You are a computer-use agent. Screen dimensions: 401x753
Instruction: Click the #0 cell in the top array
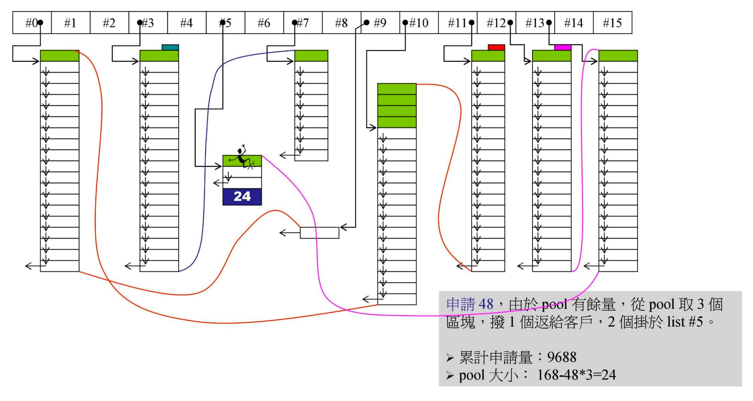point(32,23)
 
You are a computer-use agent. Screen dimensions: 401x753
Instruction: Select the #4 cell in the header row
point(187,23)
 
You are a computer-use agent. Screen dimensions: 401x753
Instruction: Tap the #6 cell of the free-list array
point(264,23)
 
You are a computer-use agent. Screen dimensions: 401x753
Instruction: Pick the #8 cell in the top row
point(341,23)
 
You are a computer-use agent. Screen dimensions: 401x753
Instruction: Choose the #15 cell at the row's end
point(612,23)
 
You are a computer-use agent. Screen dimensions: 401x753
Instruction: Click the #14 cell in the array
point(574,23)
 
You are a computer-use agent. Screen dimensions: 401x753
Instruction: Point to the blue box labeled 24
point(242,197)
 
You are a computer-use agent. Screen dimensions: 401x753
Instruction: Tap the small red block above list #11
point(496,47)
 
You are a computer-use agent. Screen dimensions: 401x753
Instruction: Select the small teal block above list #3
point(170,47)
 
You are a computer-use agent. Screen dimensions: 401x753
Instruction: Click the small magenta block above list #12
point(562,47)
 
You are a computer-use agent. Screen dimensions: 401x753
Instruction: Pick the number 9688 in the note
point(562,357)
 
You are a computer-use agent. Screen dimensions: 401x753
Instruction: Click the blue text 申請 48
point(469,304)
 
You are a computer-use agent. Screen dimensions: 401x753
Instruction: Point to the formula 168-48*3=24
point(576,375)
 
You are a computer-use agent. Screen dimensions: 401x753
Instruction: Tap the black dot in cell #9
point(366,22)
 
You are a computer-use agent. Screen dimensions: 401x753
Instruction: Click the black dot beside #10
point(405,22)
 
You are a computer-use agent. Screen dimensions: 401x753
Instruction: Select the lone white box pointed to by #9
point(319,233)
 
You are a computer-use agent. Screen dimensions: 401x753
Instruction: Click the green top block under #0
point(60,56)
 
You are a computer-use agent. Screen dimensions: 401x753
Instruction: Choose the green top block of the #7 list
point(311,56)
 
